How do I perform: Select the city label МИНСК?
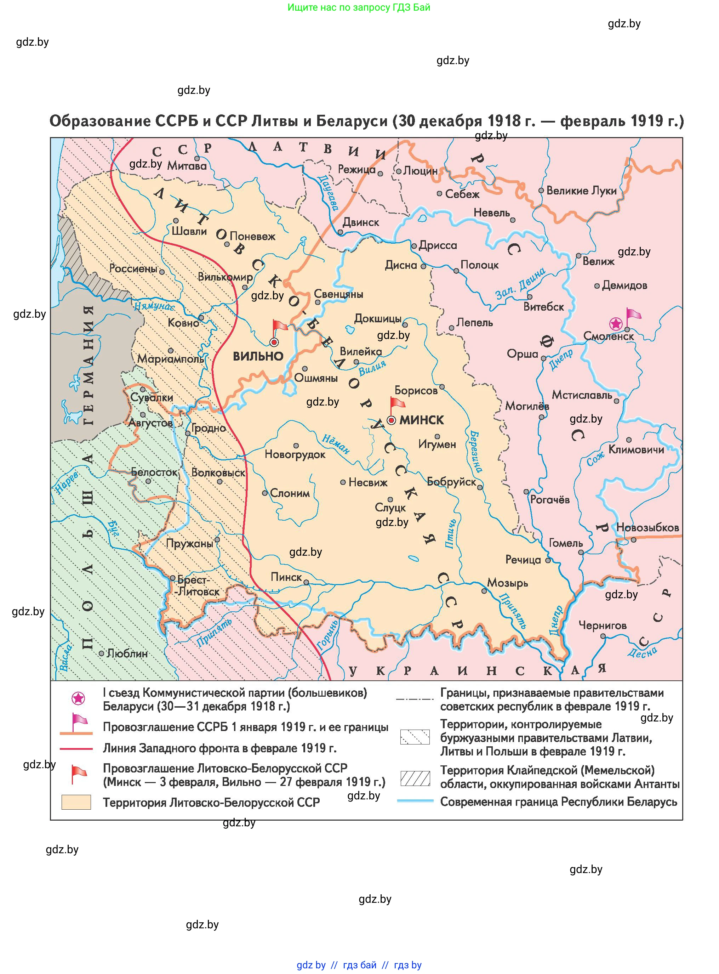click(421, 420)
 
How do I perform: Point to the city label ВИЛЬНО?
click(258, 357)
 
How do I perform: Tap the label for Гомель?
click(565, 543)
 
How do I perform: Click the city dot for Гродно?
click(188, 434)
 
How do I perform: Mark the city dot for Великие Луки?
click(541, 190)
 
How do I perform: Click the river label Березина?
click(475, 452)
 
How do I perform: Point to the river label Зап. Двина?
click(520, 284)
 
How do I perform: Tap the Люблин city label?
click(127, 653)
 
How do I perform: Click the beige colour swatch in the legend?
click(76, 802)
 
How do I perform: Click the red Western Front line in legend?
click(76, 748)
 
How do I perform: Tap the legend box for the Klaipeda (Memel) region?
click(415, 778)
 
